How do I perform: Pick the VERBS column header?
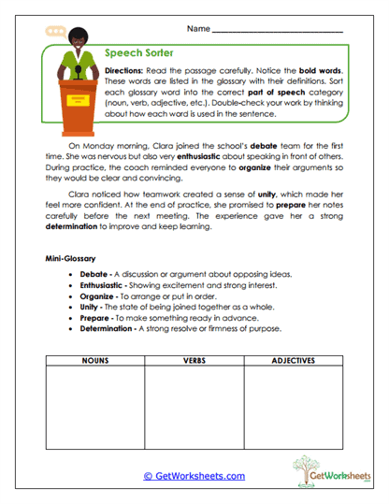pyautogui.click(x=194, y=360)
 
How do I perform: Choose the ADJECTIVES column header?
pyautogui.click(x=294, y=360)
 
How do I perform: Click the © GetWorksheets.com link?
pyautogui.click(x=194, y=476)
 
